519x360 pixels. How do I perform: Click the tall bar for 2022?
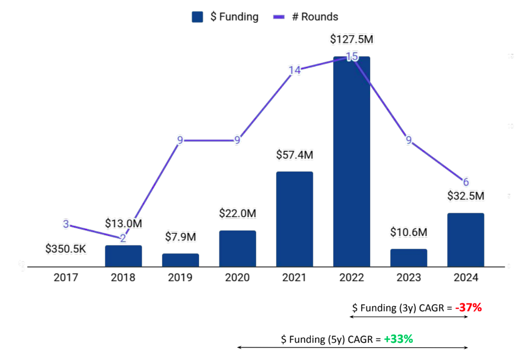351,161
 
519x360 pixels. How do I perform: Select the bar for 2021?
295,219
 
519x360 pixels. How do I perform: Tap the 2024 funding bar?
466,239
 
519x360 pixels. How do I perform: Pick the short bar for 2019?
181,260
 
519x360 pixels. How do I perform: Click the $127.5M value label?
351,39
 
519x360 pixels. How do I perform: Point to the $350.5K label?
66,248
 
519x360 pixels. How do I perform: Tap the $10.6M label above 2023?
408,232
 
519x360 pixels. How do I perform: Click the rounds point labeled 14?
295,70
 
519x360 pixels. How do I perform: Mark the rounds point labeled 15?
351,56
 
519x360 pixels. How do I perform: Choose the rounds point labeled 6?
466,182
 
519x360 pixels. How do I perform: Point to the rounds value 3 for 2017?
66,224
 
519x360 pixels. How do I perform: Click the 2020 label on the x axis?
237,277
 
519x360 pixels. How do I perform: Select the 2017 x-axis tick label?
66,277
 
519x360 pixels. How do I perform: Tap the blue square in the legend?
197,17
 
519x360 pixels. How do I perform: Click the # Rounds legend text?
315,17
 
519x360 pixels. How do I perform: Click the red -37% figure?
468,307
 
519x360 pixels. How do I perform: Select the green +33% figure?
398,338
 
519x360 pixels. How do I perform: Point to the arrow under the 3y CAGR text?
408,317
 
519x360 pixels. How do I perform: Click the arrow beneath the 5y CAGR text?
352,348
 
